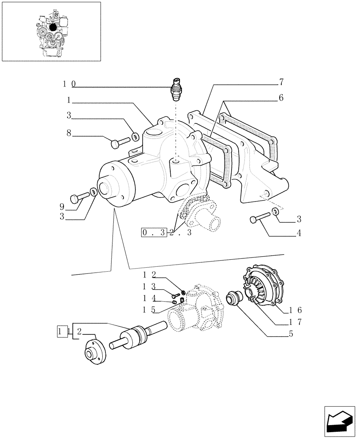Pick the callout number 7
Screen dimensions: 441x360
(x=281, y=82)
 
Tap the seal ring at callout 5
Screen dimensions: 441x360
(x=232, y=298)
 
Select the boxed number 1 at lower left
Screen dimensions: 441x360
(x=61, y=331)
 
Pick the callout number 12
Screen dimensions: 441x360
(x=149, y=275)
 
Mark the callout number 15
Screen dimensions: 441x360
(x=149, y=310)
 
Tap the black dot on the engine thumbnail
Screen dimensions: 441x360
(x=53, y=27)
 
